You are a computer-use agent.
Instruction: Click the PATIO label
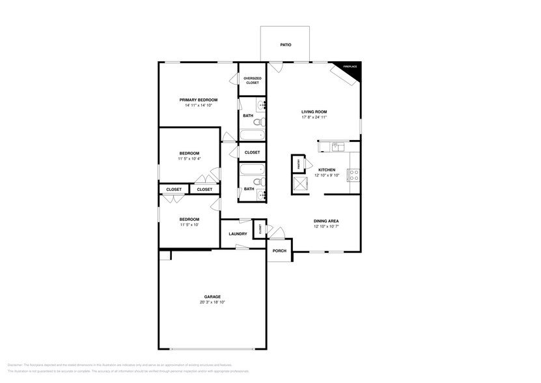(x=285, y=45)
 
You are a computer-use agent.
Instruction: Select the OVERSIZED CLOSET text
(x=252, y=81)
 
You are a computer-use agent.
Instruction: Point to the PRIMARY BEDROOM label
(x=199, y=100)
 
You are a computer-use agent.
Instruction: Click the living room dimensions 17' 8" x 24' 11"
(x=314, y=117)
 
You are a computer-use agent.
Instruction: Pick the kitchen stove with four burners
(x=354, y=175)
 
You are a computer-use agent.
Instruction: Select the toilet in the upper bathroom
(x=257, y=122)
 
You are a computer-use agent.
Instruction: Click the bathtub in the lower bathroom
(x=252, y=171)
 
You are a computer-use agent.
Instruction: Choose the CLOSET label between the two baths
(x=252, y=152)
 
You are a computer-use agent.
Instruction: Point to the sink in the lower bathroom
(x=262, y=193)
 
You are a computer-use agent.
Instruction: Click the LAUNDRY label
(x=238, y=234)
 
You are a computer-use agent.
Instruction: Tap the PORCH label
(x=279, y=251)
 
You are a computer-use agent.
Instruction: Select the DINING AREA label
(x=326, y=221)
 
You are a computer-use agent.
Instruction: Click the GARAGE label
(x=212, y=296)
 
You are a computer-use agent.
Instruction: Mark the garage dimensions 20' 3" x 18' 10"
(x=212, y=303)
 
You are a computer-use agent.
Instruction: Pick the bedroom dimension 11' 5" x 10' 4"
(x=189, y=158)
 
